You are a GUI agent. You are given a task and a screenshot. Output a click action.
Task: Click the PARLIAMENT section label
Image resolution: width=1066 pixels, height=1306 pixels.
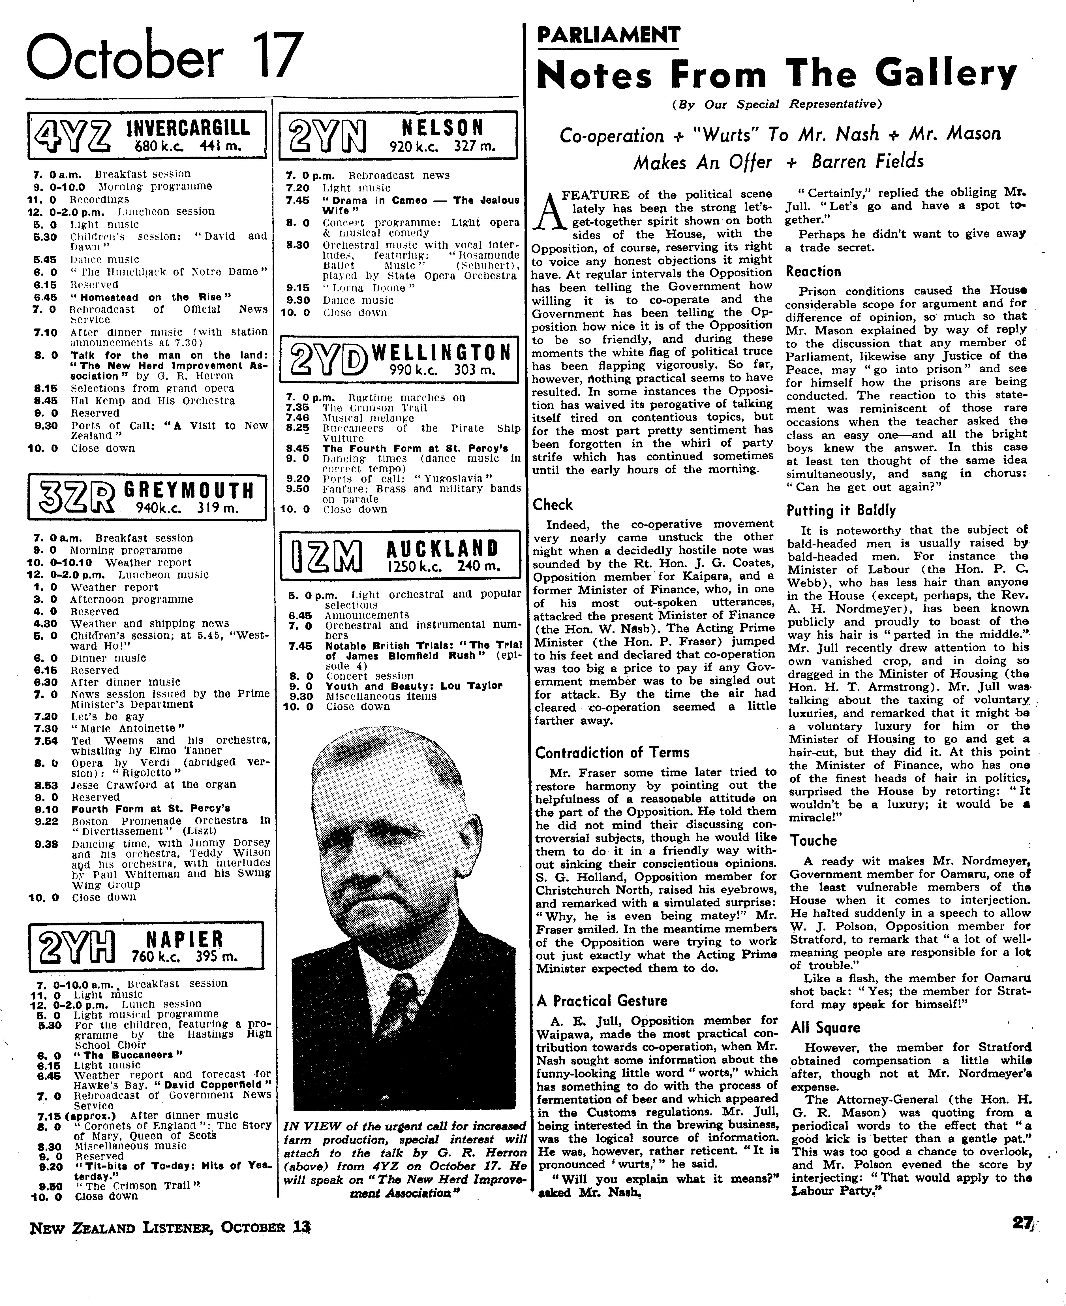[608, 34]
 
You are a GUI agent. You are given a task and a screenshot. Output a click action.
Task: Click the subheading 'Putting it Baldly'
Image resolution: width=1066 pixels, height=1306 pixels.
[841, 511]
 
